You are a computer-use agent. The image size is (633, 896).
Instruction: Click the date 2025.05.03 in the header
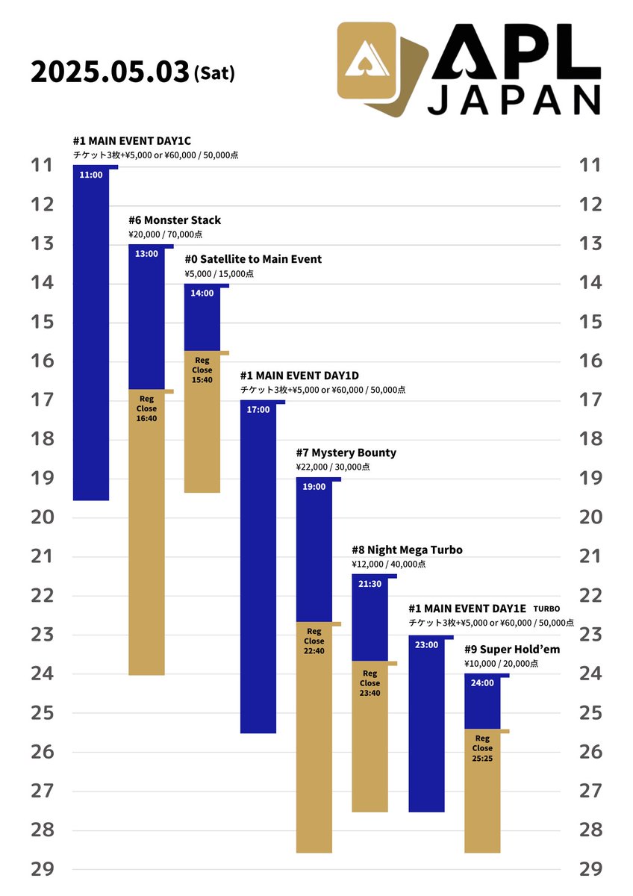tap(110, 72)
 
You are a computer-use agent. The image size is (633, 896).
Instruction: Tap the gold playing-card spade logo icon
tap(382, 69)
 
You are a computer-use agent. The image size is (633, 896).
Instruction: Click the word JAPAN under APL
tap(514, 100)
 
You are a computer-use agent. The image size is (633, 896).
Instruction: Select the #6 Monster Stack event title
tap(175, 220)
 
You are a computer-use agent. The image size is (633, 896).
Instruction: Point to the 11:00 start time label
tap(91, 175)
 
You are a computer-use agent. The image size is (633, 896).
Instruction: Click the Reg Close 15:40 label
tap(202, 370)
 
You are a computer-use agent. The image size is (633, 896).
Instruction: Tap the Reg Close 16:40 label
tap(146, 408)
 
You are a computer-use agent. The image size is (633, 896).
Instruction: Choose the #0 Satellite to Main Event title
tap(253, 259)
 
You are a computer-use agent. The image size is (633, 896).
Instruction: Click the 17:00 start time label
tap(258, 410)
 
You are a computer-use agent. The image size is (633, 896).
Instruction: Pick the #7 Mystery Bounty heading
tap(346, 452)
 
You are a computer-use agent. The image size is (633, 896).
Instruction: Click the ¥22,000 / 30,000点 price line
tap(333, 467)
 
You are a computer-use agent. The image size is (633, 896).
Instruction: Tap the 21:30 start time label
tap(369, 584)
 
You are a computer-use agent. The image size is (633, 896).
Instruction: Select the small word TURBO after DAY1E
tap(546, 609)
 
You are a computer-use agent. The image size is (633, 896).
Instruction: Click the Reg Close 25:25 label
tap(482, 748)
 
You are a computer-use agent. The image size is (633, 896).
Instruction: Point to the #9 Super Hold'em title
tap(512, 649)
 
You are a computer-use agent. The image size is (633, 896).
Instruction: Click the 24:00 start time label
tap(482, 682)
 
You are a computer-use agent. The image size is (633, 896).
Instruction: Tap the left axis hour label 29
tap(43, 869)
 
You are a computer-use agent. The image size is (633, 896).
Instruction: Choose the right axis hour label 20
tap(590, 517)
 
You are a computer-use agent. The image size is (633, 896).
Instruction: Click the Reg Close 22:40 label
tap(314, 641)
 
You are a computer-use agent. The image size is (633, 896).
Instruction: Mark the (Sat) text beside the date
tap(214, 74)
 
